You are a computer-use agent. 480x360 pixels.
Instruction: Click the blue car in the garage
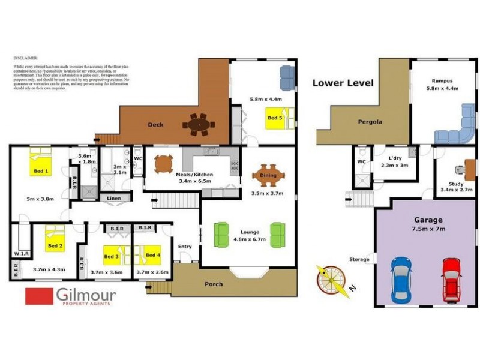tap(400, 280)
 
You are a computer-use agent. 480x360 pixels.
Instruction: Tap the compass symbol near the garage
tap(331, 281)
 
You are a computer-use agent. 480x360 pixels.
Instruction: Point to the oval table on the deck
tap(199, 125)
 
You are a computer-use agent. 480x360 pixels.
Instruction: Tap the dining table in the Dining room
tap(268, 175)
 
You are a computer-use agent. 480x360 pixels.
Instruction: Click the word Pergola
tap(370, 122)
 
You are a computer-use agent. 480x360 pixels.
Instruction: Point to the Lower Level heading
tap(343, 83)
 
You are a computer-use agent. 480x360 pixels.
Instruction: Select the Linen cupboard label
tap(114, 198)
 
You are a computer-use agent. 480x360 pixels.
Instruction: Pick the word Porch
tap(214, 284)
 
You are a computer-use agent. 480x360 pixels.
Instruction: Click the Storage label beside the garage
tap(359, 260)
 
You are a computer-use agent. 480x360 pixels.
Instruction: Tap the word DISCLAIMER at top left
tap(25, 59)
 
